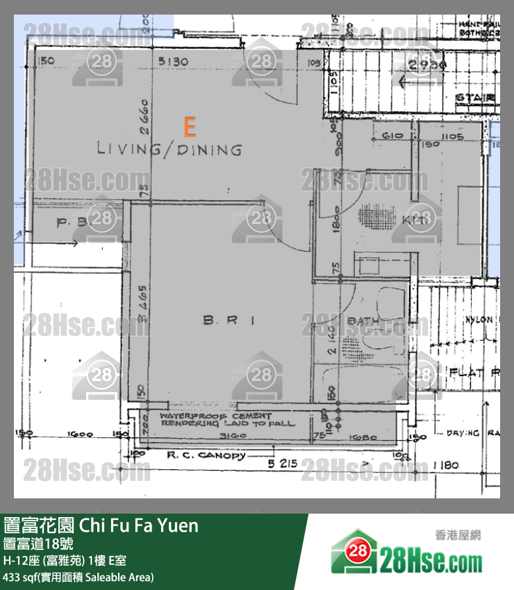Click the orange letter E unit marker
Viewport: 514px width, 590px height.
[x=189, y=126]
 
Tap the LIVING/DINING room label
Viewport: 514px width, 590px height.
[x=169, y=149]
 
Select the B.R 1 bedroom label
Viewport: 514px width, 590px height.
[x=230, y=320]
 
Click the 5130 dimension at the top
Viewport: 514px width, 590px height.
[x=173, y=62]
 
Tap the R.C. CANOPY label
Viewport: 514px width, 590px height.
[x=206, y=456]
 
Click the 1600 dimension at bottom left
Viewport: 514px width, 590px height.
[x=82, y=435]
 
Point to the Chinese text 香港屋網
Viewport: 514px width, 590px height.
[x=458, y=535]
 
